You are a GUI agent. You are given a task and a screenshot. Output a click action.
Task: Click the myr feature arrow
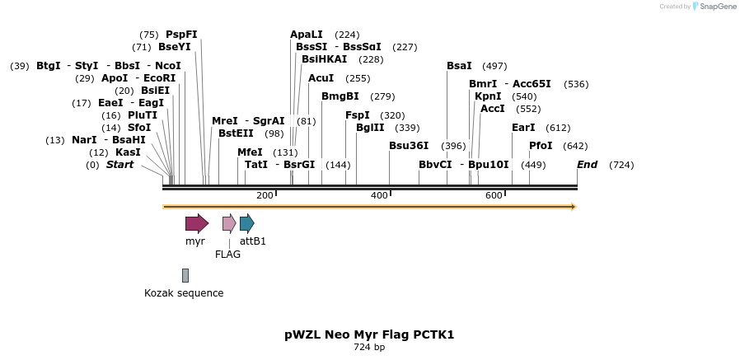point(196,223)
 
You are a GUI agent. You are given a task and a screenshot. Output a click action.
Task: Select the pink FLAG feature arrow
point(229,223)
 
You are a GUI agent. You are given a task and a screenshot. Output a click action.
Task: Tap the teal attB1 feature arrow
point(246,223)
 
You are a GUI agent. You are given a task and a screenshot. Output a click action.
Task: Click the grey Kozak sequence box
point(185,275)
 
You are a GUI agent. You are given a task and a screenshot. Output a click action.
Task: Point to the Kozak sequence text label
point(184,293)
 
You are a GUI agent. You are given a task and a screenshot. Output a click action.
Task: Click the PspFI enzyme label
point(181,35)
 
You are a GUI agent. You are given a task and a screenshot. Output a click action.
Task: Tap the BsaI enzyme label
point(459,66)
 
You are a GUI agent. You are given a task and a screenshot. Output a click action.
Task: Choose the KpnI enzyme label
point(488,96)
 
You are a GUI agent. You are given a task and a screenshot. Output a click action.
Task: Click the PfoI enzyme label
point(541,146)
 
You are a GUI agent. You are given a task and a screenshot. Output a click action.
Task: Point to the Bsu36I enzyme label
point(409,146)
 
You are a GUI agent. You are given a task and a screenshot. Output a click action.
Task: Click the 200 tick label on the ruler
point(265,195)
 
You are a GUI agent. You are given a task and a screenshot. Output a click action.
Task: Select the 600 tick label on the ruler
point(494,195)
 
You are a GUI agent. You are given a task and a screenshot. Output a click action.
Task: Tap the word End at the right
point(587,165)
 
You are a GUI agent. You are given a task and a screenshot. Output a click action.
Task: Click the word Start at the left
point(119,165)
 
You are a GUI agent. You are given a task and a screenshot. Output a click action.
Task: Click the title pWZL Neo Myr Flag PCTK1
point(369,334)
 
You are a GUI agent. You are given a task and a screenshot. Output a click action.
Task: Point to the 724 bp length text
point(369,348)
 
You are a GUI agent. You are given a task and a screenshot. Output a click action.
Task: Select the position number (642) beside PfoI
point(575,146)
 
